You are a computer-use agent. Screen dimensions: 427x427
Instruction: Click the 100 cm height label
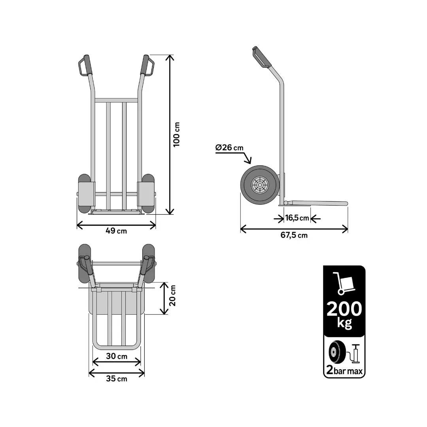tap(177, 134)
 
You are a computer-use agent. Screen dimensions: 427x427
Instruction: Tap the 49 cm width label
tap(116, 231)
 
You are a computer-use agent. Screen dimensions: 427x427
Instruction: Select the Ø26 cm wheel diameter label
tap(230, 148)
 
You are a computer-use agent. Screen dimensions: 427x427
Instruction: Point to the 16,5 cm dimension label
tap(297, 218)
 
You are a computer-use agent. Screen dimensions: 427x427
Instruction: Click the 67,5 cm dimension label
tap(294, 235)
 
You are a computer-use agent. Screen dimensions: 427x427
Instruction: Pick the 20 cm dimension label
tap(173, 296)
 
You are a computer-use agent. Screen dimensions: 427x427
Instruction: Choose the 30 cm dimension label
tap(117, 356)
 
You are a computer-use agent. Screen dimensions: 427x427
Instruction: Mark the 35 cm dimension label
tap(117, 379)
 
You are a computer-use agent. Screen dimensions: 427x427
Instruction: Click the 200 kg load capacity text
tap(344, 314)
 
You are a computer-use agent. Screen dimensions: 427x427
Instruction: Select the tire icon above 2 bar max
tap(337, 352)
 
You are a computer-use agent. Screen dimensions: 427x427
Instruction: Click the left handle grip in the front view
tap(87, 64)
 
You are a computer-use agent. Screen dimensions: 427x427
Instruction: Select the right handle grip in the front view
tap(147, 64)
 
